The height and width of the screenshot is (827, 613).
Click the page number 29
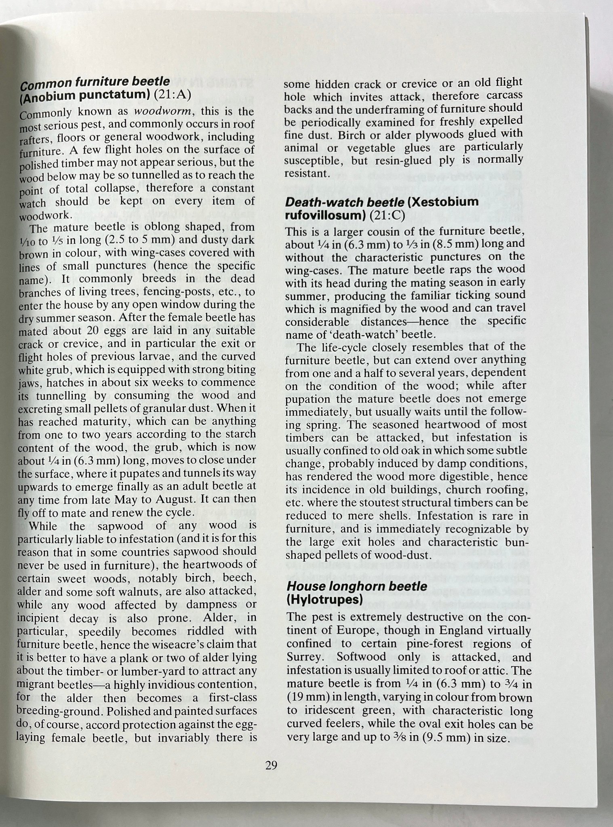pos(271,765)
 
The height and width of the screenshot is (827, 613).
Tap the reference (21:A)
pos(172,95)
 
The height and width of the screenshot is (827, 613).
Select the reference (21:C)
pos(387,215)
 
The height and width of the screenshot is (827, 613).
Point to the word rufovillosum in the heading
pos(325,215)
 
